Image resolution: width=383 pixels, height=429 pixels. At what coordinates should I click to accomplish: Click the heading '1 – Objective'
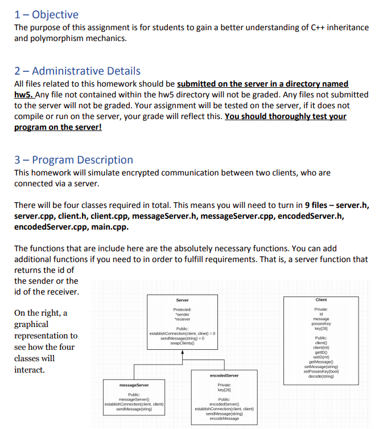point(46,14)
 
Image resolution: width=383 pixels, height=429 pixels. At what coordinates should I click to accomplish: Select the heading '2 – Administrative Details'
point(77,71)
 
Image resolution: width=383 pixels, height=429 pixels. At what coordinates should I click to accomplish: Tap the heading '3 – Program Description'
point(73,160)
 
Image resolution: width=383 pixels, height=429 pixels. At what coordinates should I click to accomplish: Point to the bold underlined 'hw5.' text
point(24,95)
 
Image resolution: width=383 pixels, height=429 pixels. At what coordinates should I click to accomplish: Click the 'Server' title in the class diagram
point(182,300)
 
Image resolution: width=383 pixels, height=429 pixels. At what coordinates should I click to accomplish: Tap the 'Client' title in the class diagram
point(321,300)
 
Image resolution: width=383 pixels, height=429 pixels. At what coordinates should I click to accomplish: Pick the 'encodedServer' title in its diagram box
point(224,375)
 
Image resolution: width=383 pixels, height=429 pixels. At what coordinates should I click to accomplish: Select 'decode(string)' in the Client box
point(321,377)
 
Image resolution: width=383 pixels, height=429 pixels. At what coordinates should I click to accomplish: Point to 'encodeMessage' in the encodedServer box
point(224,419)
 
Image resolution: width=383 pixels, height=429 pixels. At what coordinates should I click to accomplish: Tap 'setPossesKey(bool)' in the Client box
point(321,371)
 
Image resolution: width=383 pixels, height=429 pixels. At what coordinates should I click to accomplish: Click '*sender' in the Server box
point(182,314)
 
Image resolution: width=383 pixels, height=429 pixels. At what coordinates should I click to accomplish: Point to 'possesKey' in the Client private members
point(321,324)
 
